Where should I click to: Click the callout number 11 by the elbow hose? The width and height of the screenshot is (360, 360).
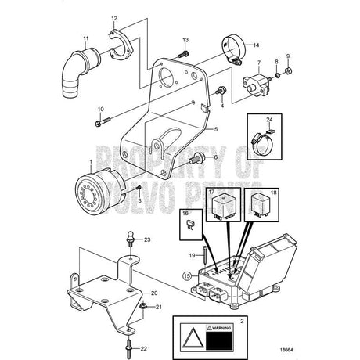(x=86, y=38)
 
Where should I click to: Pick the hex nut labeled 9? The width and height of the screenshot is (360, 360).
(x=289, y=72)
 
